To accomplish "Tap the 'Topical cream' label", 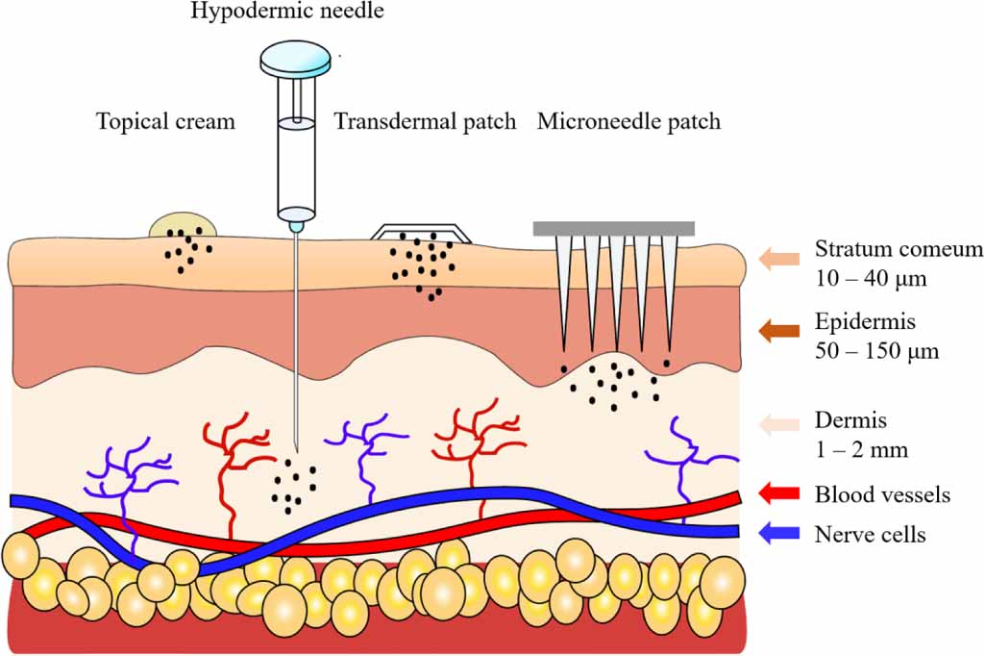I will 165,122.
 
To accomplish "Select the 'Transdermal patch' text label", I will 425,122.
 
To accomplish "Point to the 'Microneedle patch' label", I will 628,122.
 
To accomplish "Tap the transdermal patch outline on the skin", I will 422,232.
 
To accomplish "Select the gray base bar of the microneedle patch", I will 614,228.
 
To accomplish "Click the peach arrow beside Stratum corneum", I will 778,259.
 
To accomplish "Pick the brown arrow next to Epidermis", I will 778,332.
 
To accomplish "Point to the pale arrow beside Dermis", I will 778,424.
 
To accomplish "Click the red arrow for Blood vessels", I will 778,494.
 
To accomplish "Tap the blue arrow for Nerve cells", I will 778,532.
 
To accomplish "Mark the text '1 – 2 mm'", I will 861,449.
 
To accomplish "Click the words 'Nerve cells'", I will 870,534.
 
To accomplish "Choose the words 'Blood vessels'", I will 882,495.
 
